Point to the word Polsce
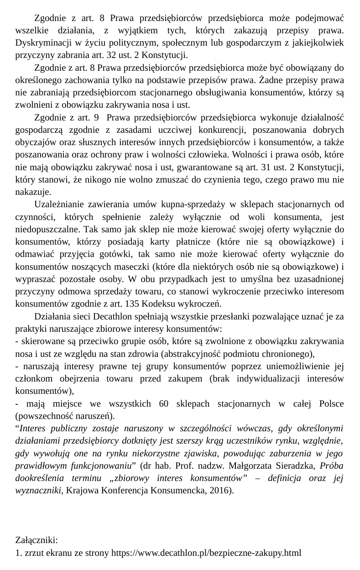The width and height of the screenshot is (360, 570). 332,403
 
